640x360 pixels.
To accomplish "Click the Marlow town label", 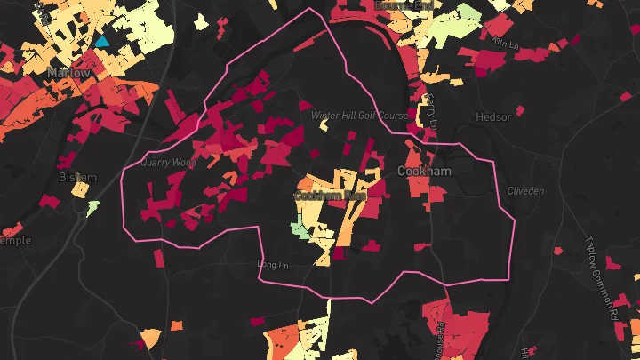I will tap(69, 73).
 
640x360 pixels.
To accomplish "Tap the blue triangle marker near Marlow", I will tap(102, 41).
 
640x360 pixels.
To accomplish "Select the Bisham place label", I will tap(76, 177).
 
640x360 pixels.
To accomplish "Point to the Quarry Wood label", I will tap(168, 163).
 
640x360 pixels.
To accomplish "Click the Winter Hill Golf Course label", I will tap(359, 116).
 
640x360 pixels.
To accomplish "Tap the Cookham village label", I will tap(425, 171).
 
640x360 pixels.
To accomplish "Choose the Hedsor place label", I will tap(493, 117).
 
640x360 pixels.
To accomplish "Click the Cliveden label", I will tap(524, 191).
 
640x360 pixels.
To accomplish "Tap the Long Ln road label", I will tap(273, 263).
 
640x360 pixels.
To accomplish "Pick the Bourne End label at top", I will tap(405, 5).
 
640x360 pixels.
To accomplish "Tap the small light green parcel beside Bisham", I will tap(92, 207).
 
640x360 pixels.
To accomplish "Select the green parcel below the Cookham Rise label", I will tap(301, 231).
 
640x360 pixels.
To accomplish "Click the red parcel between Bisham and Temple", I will tap(50, 202).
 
